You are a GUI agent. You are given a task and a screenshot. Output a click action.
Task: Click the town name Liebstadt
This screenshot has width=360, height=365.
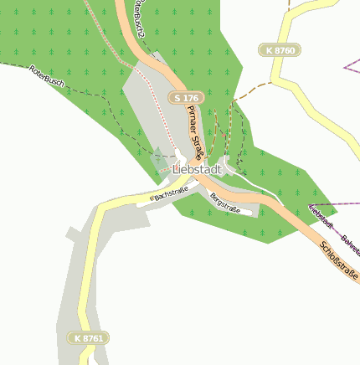(198, 170)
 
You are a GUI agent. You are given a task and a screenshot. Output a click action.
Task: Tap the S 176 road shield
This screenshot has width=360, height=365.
(185, 98)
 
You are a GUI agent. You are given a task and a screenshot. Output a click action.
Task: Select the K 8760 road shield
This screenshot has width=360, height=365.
(280, 51)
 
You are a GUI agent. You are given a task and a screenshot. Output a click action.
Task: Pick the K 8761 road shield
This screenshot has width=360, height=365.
(89, 337)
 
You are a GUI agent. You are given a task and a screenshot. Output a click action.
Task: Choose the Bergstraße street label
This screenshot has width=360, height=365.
(225, 203)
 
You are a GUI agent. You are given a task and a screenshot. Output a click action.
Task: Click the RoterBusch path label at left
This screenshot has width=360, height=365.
(46, 76)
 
